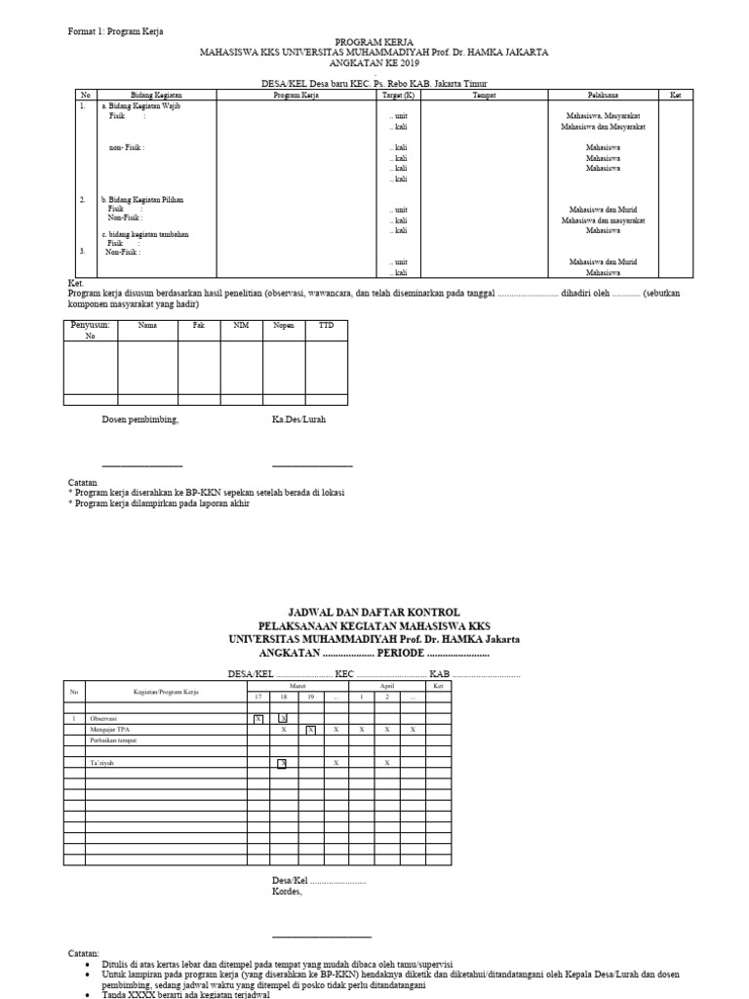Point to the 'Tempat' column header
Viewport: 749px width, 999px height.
click(x=484, y=95)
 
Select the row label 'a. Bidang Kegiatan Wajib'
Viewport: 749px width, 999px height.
click(x=141, y=105)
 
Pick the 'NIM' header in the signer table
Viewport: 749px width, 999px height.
click(x=241, y=325)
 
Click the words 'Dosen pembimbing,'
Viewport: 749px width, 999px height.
click(x=140, y=420)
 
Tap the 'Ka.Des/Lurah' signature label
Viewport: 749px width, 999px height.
click(x=298, y=420)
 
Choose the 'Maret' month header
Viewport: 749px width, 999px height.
click(x=297, y=687)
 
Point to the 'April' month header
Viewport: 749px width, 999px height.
click(x=387, y=687)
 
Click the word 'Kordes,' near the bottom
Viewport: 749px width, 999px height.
click(x=287, y=891)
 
